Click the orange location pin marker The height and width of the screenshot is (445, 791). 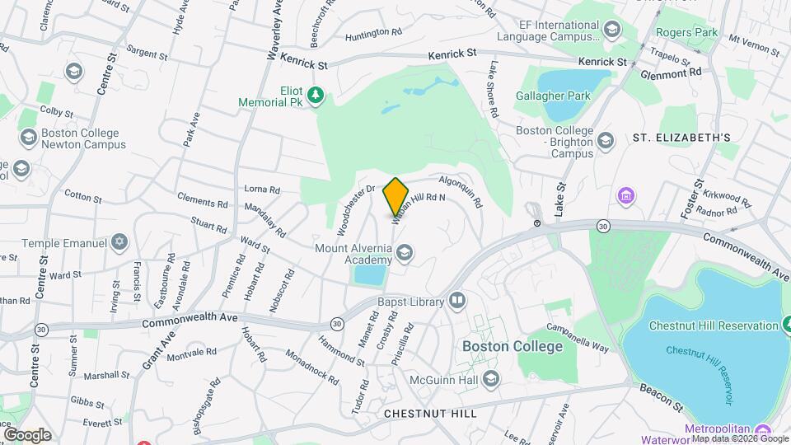pos(395,196)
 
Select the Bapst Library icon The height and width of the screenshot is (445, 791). pos(457,301)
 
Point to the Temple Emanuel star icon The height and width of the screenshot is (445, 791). pos(120,242)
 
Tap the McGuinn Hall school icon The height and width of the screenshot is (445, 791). pos(491,378)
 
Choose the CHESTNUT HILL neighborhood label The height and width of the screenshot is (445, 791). pos(430,413)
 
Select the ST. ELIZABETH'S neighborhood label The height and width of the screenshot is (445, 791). pos(687,137)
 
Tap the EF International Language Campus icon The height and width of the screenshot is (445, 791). pos(611,31)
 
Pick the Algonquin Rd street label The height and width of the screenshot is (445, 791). pos(461,190)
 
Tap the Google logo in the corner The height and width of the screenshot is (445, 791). pos(27,434)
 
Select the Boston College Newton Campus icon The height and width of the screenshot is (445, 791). pos(28,136)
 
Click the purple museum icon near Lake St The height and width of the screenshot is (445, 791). pos(626,197)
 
